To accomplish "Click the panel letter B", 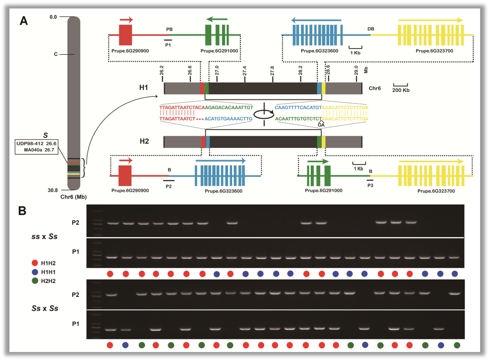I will click(x=23, y=211).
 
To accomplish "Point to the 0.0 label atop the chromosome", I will click(x=53, y=17).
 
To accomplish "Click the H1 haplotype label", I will click(x=144, y=88).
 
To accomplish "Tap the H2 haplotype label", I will click(x=144, y=141).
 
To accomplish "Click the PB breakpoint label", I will click(x=169, y=29).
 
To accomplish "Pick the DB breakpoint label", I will click(x=371, y=29).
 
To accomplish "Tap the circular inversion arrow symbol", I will click(x=264, y=115).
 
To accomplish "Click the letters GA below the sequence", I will click(x=322, y=125).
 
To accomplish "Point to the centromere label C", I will click(x=56, y=54).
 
